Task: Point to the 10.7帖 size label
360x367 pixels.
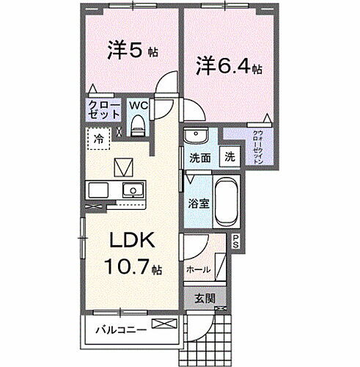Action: tap(136, 269)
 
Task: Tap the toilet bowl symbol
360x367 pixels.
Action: tap(137, 127)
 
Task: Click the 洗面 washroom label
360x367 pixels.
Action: tap(200, 157)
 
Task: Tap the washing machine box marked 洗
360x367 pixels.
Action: tap(229, 156)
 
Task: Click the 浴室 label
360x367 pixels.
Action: tap(199, 203)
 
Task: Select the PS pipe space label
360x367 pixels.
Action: tap(236, 240)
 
